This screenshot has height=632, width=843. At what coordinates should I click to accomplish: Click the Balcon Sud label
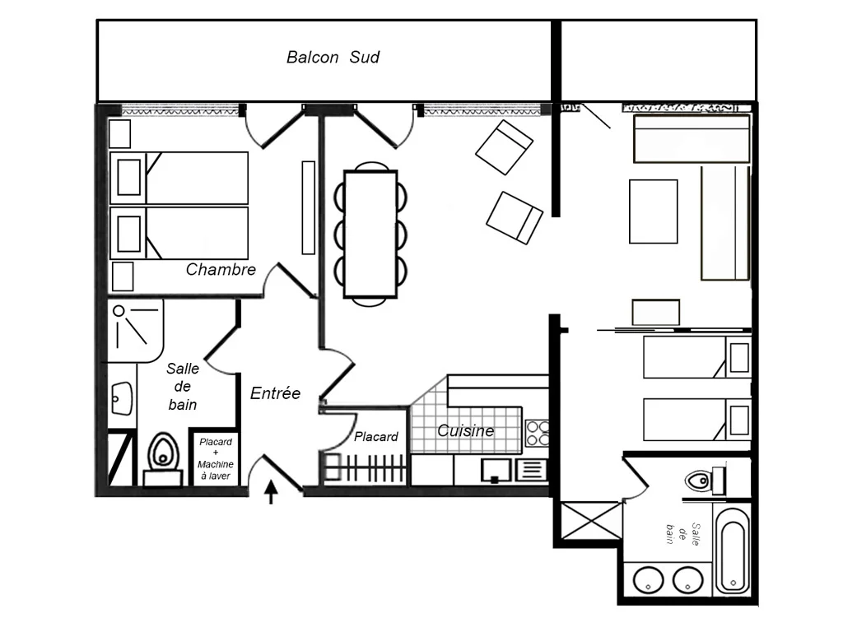pos(333,57)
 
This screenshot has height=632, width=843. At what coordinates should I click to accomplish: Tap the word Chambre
pos(221,269)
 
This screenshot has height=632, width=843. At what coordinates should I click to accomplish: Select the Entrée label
pos(275,393)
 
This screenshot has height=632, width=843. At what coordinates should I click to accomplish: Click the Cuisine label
pos(466,430)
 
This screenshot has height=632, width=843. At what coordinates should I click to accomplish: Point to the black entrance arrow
pos(272,492)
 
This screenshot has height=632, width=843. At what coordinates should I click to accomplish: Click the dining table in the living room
pos(370,234)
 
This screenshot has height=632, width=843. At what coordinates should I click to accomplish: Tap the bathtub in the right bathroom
pos(733,549)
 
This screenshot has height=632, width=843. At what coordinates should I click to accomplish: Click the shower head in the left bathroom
pos(119,310)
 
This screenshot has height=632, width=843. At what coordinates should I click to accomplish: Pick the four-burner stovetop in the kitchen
pos(537,434)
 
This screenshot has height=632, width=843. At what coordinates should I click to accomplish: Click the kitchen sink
pos(495,470)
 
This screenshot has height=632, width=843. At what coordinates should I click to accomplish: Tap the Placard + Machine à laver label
pos(216,458)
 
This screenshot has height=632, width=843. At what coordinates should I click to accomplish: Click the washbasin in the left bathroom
pos(122,398)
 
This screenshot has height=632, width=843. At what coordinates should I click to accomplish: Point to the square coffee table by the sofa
pos(653,211)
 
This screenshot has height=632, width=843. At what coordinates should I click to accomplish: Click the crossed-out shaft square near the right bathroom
pos(591,520)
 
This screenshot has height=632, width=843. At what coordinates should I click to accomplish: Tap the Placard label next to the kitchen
pos(375,436)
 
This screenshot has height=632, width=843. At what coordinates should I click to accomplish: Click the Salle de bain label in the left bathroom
pos(182,387)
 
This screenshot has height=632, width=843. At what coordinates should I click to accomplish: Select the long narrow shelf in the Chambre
pos(308,207)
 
